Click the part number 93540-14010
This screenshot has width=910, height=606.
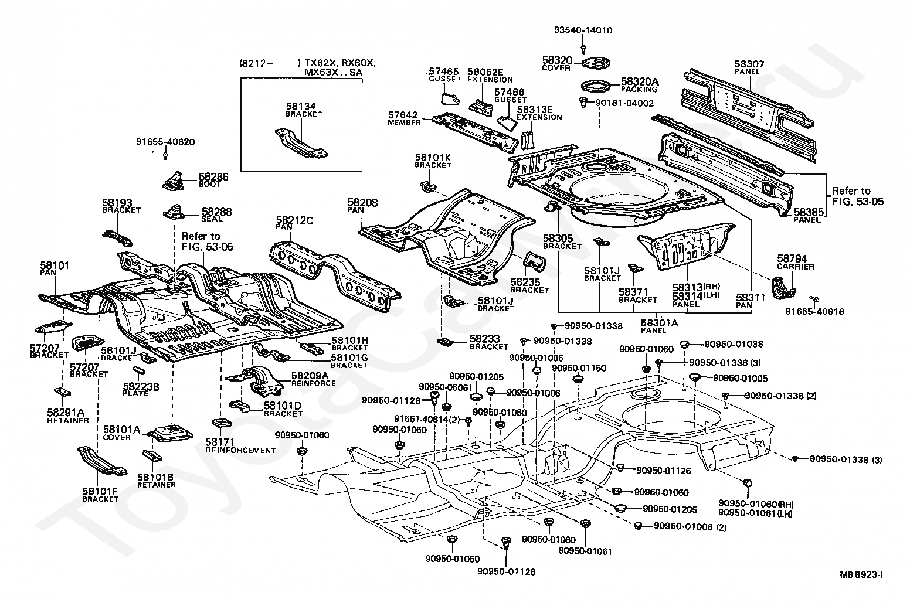click(x=583, y=30)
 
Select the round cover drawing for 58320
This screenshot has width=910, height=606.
click(x=596, y=63)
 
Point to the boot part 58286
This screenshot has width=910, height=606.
click(x=174, y=181)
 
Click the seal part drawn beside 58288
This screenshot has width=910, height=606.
click(x=175, y=212)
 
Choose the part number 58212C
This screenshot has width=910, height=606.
click(x=294, y=220)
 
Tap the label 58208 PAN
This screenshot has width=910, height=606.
click(x=362, y=206)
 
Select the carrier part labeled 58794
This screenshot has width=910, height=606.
click(x=783, y=288)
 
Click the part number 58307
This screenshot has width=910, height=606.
click(x=749, y=64)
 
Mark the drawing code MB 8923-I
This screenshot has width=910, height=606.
click(x=861, y=575)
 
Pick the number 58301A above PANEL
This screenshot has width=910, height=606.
click(x=660, y=323)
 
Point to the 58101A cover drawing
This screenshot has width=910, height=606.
click(x=170, y=433)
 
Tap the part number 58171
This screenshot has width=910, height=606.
click(x=220, y=442)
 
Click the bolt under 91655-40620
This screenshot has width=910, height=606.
click(x=166, y=155)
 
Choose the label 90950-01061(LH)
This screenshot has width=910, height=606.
click(x=755, y=513)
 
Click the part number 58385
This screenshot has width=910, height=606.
click(x=809, y=212)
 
